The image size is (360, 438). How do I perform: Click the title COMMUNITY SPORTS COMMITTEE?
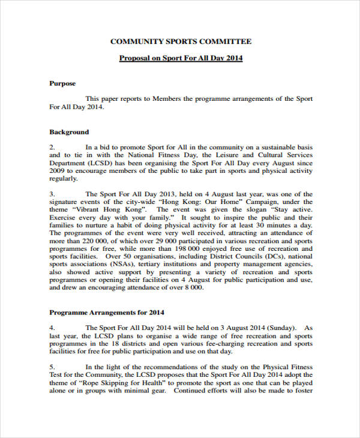click(181, 41)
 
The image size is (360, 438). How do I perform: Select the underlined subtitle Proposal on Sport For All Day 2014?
click(181, 58)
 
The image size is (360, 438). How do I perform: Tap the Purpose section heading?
click(62, 83)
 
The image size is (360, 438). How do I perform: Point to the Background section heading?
click(68, 132)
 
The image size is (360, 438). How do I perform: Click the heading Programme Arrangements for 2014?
click(106, 313)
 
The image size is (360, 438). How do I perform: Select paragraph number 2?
click(52, 147)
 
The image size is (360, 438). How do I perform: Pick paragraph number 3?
click(52, 194)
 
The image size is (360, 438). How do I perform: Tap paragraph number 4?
click(52, 328)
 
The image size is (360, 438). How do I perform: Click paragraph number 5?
click(52, 367)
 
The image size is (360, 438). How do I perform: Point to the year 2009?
click(57, 170)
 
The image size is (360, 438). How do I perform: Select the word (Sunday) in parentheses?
click(280, 328)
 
